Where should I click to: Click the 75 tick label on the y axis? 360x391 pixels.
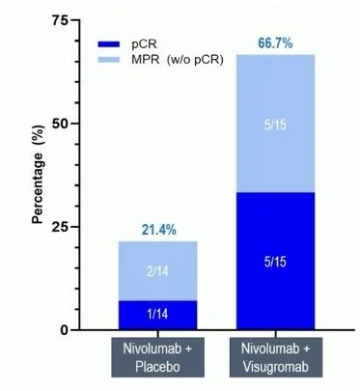pos(60,21)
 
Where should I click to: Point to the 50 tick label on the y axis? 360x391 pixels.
pos(60,124)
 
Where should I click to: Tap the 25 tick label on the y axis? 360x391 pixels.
pos(60,227)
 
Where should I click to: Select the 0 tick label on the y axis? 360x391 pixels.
pos(65,330)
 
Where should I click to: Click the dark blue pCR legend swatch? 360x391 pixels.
pos(108,44)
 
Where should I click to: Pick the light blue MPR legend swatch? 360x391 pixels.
pos(108,60)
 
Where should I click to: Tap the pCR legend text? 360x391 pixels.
pos(144,44)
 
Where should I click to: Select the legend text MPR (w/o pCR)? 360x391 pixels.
pos(177,60)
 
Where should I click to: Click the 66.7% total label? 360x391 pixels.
pos(275,43)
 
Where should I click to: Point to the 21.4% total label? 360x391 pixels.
pos(158,230)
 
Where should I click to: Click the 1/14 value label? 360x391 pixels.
pos(157,314)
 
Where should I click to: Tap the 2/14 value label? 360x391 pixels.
pos(157,272)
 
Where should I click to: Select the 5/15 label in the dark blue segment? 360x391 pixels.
pos(275,262)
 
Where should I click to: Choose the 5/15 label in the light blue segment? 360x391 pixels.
pos(275,125)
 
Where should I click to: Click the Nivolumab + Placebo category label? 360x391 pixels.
pos(157,357)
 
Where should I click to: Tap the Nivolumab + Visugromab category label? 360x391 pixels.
pos(276,357)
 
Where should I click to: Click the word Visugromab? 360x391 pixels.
pos(276,367)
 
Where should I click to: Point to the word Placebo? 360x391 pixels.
pos(157,367)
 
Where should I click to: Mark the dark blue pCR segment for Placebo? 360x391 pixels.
pos(157,316)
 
